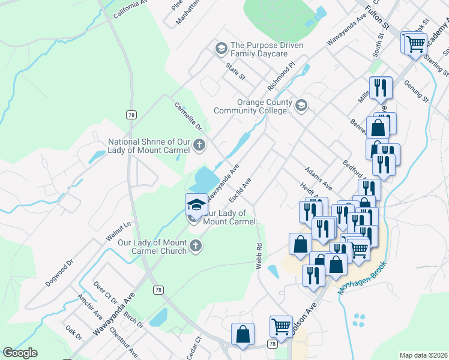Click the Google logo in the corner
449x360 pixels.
[x=20, y=353]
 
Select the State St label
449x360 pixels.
[x=235, y=72]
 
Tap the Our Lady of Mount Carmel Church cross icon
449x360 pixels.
[x=195, y=245]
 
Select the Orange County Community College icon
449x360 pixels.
[x=301, y=106]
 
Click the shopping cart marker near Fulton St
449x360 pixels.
[x=415, y=43]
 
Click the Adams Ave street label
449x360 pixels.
[x=318, y=178]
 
